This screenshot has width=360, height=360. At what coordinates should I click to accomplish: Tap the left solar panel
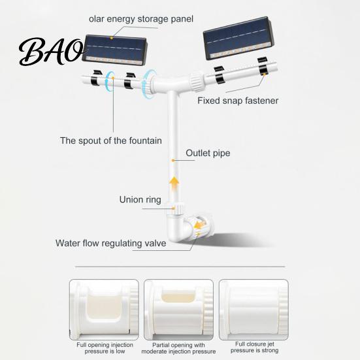[x=115, y=50]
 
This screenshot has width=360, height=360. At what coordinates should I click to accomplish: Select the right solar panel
[x=238, y=38]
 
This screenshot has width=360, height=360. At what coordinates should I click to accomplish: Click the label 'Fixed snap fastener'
[x=238, y=101]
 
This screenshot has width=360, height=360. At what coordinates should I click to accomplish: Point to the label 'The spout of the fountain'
[x=111, y=140]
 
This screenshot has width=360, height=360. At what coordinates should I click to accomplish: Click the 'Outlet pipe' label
[x=208, y=153]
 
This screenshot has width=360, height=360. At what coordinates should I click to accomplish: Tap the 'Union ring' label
[x=140, y=199]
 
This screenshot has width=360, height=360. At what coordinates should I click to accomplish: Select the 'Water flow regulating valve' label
[x=110, y=243]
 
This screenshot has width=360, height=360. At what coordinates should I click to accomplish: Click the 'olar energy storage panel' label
[x=141, y=19]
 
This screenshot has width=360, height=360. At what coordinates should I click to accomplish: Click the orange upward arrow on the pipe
[x=174, y=184]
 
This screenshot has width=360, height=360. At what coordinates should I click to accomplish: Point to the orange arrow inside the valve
[x=199, y=225]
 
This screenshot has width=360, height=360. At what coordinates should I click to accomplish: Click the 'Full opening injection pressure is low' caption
[x=105, y=348]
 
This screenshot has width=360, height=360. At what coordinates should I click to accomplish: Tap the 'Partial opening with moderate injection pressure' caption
[x=178, y=348]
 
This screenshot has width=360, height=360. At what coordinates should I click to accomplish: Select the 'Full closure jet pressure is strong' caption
[x=255, y=347]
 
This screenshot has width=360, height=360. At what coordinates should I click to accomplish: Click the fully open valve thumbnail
[x=104, y=310]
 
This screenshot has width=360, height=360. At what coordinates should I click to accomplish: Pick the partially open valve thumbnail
[x=178, y=310]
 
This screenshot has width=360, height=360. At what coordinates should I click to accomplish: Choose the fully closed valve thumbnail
[x=254, y=310]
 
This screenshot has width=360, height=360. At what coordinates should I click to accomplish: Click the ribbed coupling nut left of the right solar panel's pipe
[x=196, y=81]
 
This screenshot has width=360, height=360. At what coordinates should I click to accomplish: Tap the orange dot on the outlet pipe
[x=173, y=160]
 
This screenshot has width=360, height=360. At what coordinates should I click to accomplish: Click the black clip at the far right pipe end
[x=263, y=67]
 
